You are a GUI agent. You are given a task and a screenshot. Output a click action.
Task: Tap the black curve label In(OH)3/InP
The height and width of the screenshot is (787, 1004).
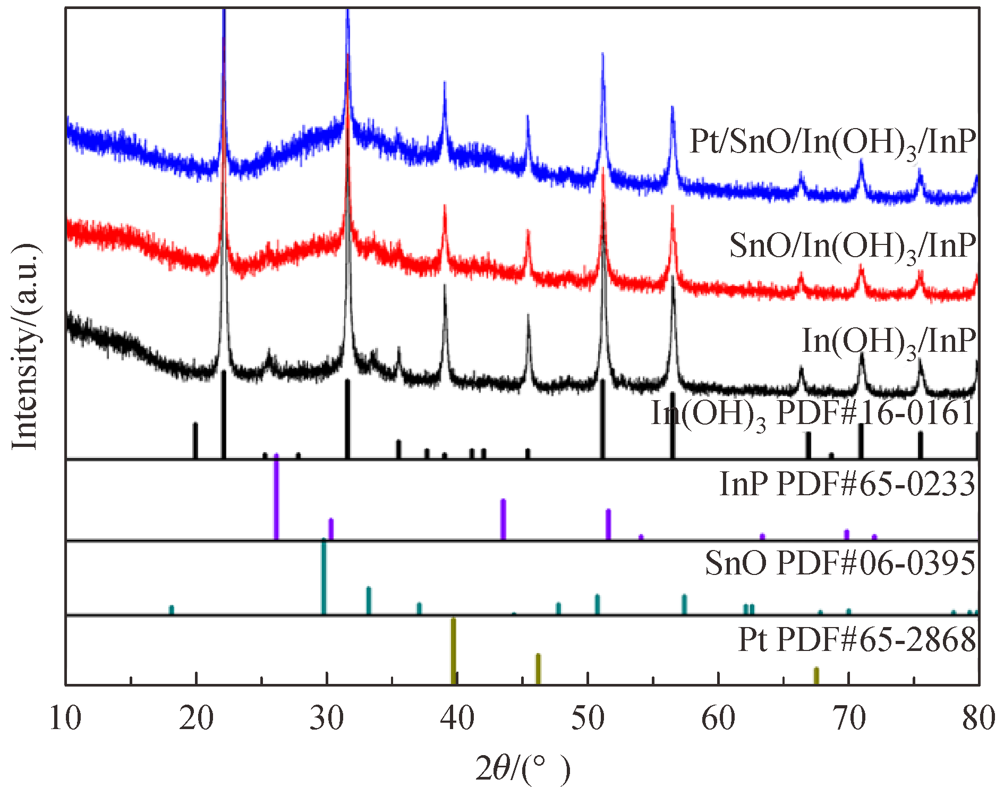click(888, 341)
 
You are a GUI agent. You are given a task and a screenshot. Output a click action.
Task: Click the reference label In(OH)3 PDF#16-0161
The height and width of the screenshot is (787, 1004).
click(813, 414)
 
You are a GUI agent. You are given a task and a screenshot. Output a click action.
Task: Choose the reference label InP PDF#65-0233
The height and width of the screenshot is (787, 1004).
click(847, 484)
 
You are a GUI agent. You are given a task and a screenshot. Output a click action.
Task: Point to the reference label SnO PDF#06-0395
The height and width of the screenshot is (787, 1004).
click(840, 563)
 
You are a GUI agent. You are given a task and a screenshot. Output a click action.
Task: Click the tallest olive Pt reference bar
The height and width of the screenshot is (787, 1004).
click(453, 651)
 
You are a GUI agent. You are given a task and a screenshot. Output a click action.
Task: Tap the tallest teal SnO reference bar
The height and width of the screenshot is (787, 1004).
click(324, 577)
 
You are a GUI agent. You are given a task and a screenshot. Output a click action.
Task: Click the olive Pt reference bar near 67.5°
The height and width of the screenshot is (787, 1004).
click(816, 676)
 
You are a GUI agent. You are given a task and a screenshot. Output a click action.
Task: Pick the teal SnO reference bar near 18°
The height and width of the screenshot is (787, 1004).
click(171, 610)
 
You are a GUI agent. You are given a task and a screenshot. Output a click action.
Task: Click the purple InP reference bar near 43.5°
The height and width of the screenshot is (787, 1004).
click(503, 519)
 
